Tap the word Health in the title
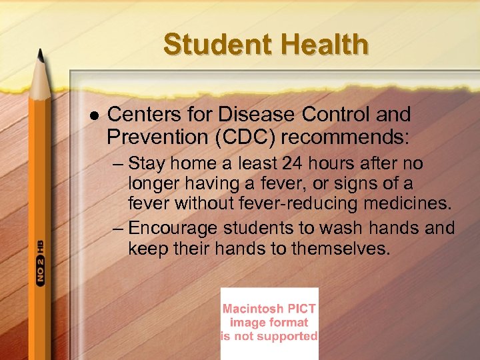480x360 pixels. pos(325,45)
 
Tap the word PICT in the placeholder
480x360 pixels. pos(302,309)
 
